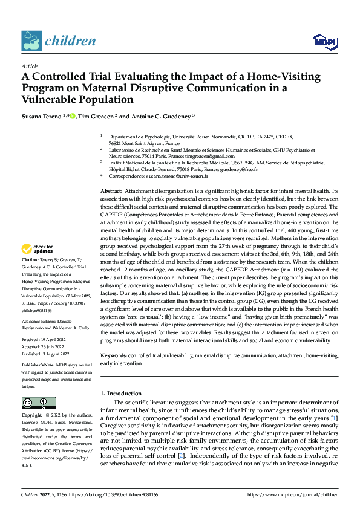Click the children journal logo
click(x=59, y=41)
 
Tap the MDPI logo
click(x=324, y=41)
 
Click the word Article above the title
click(x=30, y=66)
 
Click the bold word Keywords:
click(x=114, y=357)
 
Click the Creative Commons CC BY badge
click(x=38, y=403)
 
